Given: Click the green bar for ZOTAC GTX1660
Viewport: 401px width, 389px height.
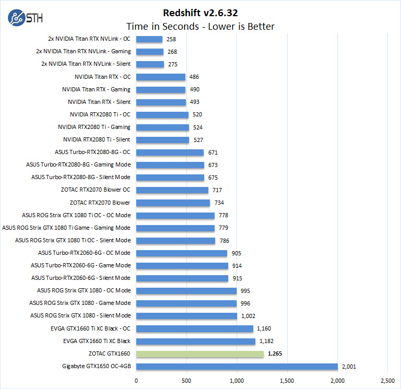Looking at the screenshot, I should pos(200,354).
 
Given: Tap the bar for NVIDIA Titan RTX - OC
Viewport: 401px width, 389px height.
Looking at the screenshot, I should pos(161,77).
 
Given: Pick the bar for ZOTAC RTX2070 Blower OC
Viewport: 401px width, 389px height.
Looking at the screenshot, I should pos(172,190).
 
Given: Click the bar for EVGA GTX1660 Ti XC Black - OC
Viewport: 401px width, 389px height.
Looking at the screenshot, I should pos(194,328).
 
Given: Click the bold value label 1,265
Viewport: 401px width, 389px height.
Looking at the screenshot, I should pos(275,354).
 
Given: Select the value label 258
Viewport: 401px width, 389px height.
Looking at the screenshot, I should pos(172,39).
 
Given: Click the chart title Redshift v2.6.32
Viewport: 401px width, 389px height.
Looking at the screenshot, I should pos(200,12).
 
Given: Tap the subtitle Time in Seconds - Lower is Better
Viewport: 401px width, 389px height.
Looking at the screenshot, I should pos(200,26).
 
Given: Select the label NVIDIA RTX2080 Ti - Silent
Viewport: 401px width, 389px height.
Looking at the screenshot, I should pos(97,140).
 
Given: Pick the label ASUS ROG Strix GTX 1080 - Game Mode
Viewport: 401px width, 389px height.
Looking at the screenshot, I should pos(80,303).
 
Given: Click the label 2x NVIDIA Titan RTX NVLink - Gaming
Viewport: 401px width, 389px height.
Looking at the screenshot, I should pos(84,52).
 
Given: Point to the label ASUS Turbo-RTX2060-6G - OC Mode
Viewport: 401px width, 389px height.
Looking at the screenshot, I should pos(84,253).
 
